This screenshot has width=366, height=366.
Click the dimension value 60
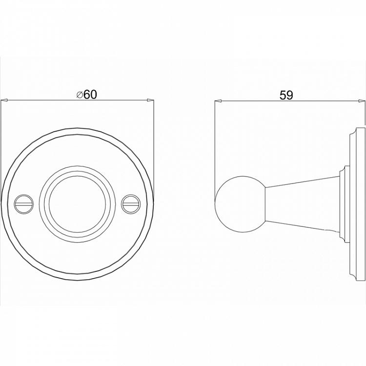click(x=90, y=95)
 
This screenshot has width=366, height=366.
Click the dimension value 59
click(x=286, y=95)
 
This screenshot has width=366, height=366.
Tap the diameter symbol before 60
click(x=80, y=95)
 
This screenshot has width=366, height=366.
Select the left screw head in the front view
click(x=24, y=204)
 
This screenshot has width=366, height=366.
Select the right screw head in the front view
click(x=131, y=204)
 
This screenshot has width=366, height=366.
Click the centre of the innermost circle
click(x=77, y=204)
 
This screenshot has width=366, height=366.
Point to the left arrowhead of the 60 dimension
click(x=4, y=101)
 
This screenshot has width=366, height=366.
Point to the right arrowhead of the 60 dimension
click(x=150, y=101)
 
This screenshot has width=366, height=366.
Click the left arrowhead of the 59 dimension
click(x=218, y=101)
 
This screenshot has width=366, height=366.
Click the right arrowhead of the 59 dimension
click(x=362, y=101)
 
